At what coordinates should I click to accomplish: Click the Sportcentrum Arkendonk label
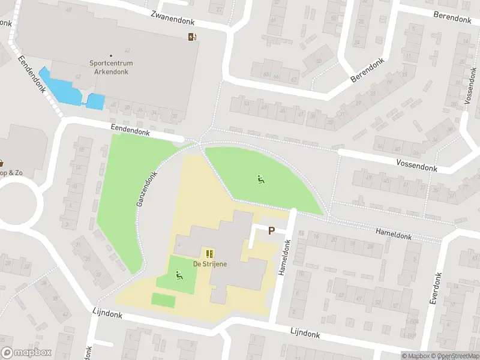[111, 67]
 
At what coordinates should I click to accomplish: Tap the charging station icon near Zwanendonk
[192, 37]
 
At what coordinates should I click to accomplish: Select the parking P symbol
[271, 230]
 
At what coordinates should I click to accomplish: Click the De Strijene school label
[209, 265]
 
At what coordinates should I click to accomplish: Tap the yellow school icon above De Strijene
[209, 254]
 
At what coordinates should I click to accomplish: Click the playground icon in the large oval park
[260, 179]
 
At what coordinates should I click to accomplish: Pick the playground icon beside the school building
[179, 276]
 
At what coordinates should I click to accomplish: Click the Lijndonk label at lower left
[108, 314]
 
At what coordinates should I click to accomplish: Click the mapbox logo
[26, 353]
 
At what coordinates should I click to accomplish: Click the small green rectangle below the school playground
[163, 300]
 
